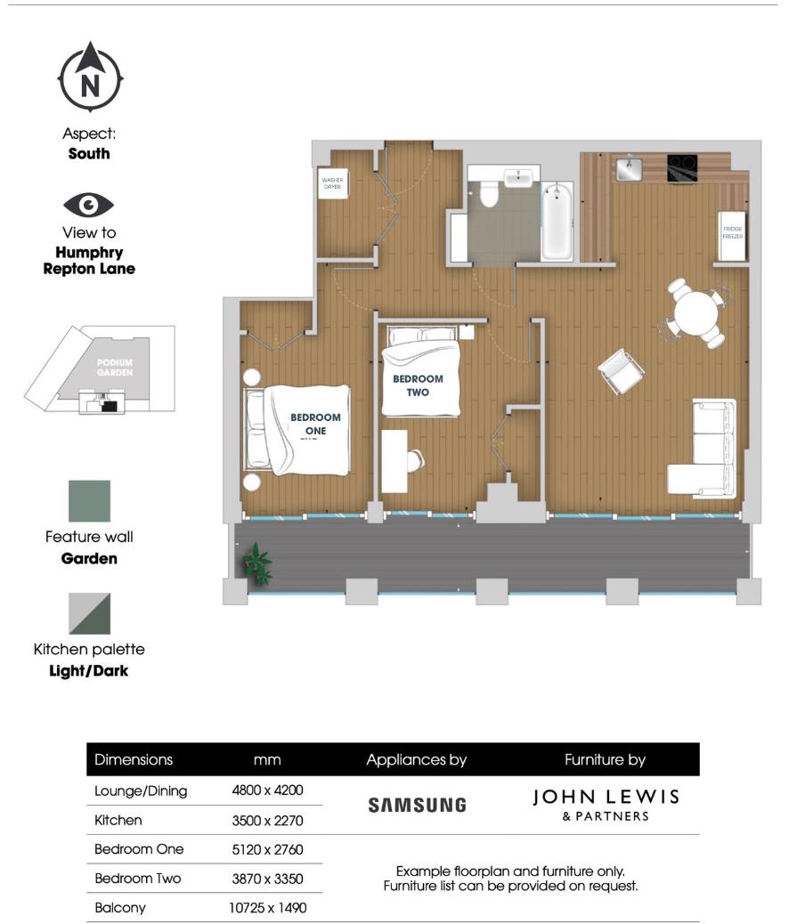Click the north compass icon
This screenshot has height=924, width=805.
click(x=90, y=77)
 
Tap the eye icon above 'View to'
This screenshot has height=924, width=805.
click(x=89, y=206)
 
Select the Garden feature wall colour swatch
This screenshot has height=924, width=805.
click(x=90, y=501)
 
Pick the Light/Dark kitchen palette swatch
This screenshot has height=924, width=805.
click(x=90, y=614)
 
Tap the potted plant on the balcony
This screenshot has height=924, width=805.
click(x=258, y=563)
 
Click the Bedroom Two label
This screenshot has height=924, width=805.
click(x=418, y=385)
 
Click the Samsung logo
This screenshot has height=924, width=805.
click(x=417, y=805)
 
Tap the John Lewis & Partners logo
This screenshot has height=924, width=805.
click(x=605, y=804)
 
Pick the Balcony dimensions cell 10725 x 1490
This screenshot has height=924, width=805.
click(x=266, y=908)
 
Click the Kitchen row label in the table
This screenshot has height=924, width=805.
click(x=118, y=820)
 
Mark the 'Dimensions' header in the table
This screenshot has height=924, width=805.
click(x=134, y=759)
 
